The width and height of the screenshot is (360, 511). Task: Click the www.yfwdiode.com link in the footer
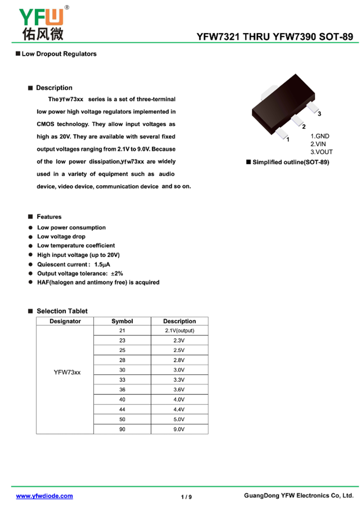click(44, 496)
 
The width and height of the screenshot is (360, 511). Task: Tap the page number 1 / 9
click(186, 497)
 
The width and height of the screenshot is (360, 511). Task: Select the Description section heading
click(54, 88)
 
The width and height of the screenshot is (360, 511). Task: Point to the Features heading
click(49, 217)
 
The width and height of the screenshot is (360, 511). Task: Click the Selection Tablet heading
click(62, 311)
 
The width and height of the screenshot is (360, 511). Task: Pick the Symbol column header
click(122, 321)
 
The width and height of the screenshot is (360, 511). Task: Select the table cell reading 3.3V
click(179, 380)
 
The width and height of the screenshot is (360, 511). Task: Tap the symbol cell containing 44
click(122, 409)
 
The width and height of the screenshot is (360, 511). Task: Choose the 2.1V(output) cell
click(179, 331)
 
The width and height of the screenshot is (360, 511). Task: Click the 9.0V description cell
click(179, 429)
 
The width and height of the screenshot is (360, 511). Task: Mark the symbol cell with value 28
click(122, 360)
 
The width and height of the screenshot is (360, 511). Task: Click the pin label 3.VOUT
click(322, 152)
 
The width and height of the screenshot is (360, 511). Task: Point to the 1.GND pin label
click(320, 136)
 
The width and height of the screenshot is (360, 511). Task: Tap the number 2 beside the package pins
click(304, 127)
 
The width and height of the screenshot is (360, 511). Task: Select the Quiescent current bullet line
click(74, 264)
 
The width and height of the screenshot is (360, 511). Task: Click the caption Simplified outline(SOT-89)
click(291, 162)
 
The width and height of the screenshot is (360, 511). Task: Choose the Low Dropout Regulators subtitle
click(59, 54)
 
